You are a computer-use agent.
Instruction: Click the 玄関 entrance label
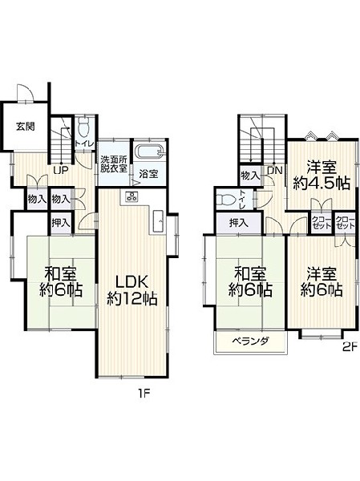(x=25, y=127)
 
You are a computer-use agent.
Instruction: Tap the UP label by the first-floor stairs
(x=61, y=171)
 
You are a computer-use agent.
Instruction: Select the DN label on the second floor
(x=274, y=171)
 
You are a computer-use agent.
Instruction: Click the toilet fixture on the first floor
(x=83, y=128)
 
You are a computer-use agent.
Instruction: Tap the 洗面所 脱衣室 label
(x=115, y=164)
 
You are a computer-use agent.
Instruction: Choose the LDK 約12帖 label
(x=132, y=290)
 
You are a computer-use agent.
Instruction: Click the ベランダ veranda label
(x=251, y=341)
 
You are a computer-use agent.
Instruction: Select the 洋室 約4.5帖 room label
(x=322, y=176)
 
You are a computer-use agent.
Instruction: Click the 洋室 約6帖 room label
(x=322, y=282)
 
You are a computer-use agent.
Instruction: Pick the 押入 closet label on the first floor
(x=61, y=223)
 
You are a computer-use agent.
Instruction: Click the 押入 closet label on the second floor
(x=239, y=223)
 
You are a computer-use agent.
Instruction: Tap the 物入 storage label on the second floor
(x=250, y=176)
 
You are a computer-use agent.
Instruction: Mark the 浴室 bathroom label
(x=148, y=174)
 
